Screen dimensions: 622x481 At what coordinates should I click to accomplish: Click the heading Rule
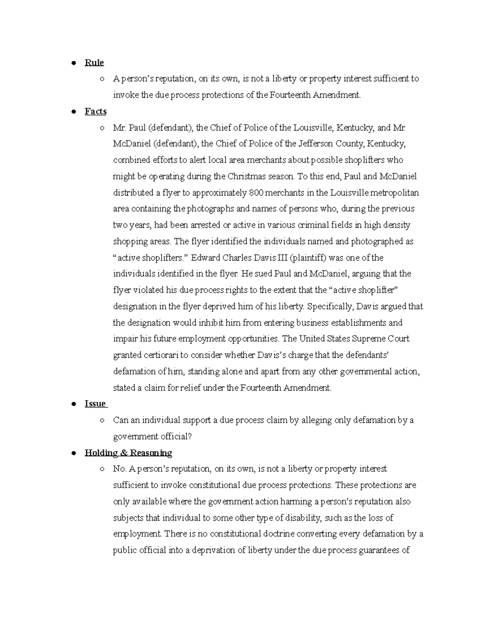(94, 63)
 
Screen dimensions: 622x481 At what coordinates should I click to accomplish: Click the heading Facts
(95, 111)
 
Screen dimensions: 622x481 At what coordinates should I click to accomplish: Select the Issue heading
(95, 404)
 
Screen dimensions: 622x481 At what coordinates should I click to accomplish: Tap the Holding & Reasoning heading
(128, 453)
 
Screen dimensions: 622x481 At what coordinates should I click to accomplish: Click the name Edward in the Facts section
(205, 258)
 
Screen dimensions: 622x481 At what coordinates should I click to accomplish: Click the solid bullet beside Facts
(74, 112)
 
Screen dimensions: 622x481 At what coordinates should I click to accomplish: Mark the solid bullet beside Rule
(74, 63)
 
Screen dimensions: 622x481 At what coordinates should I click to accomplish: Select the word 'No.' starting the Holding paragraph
(119, 469)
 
